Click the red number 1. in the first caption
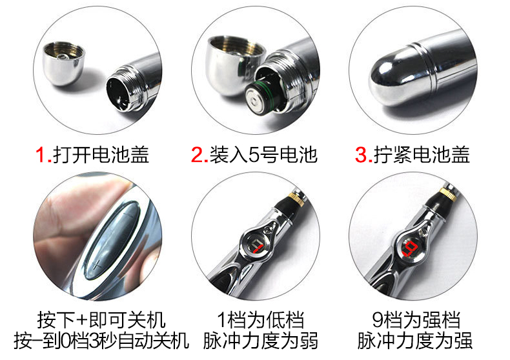(44, 154)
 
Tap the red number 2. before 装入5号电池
(199, 154)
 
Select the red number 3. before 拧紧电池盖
(363, 154)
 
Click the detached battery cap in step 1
(64, 63)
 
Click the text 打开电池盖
(101, 154)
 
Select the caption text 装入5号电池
(263, 154)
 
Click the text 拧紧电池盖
(422, 154)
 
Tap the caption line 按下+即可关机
(101, 320)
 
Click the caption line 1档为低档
(261, 320)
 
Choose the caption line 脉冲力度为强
(414, 341)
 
